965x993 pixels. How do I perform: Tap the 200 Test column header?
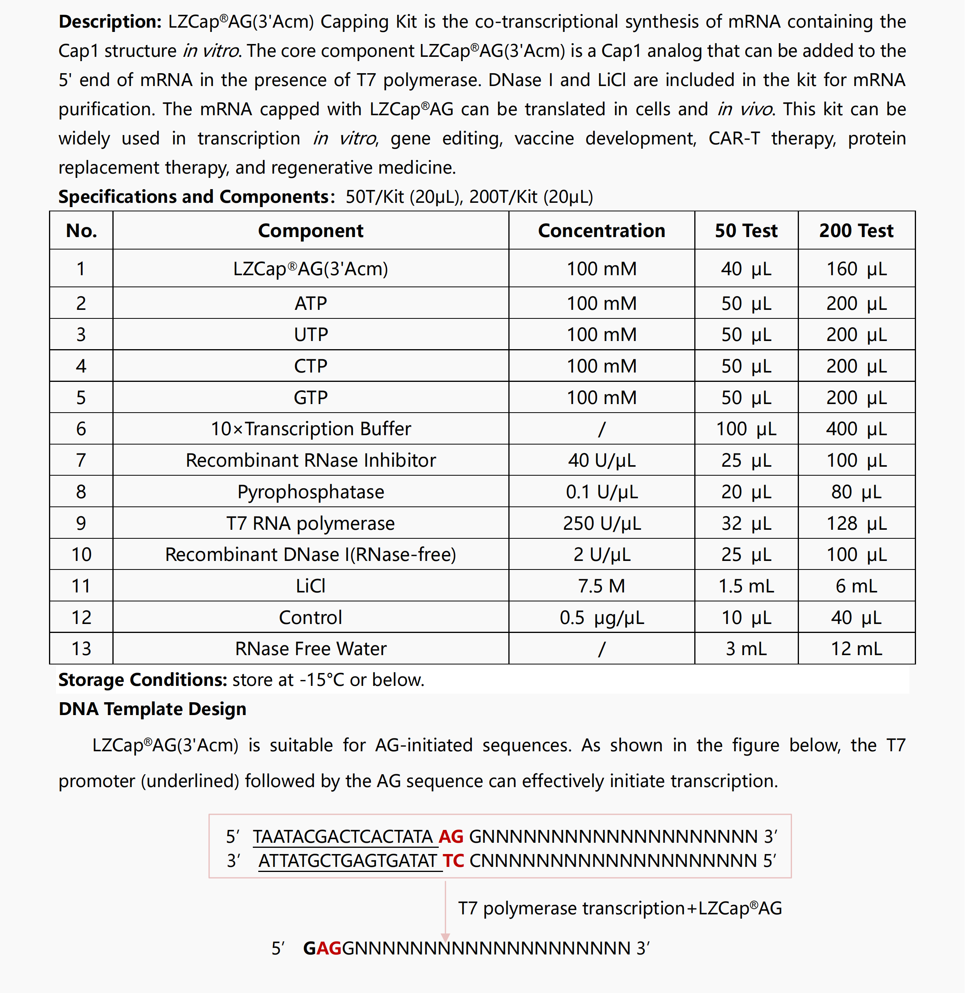856,231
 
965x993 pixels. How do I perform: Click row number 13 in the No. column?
81,649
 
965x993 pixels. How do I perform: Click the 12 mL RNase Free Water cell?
856,649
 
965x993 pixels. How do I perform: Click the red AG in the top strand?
450,836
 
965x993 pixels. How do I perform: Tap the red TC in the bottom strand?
453,861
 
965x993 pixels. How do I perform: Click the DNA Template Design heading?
152,709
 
